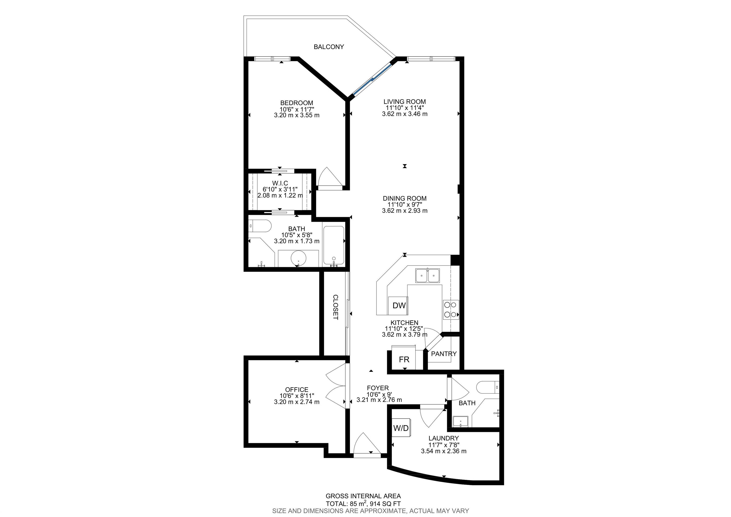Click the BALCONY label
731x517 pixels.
(x=329, y=47)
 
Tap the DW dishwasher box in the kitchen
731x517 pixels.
(x=399, y=306)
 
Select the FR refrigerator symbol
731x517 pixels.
(x=404, y=360)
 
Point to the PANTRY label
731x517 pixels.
(x=444, y=354)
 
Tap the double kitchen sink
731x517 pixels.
(x=427, y=275)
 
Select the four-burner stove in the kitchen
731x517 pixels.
(x=450, y=309)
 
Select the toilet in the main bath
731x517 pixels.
(x=259, y=227)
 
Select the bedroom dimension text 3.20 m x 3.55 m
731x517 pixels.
(x=296, y=115)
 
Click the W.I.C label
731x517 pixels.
(x=280, y=183)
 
